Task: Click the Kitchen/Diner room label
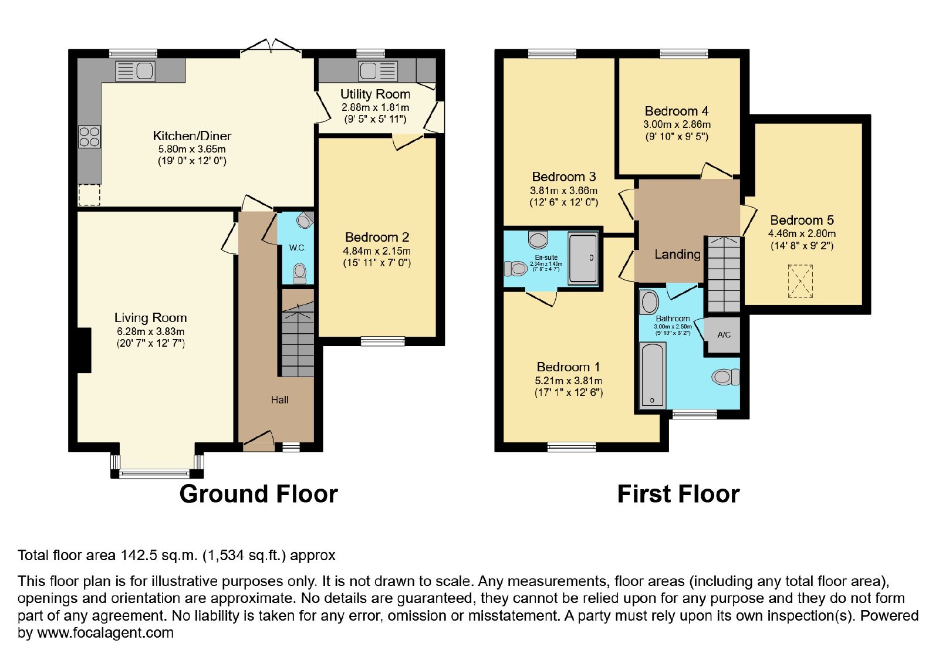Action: pyautogui.click(x=192, y=136)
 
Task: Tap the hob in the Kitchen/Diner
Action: pyautogui.click(x=89, y=137)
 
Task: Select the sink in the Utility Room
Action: pyautogui.click(x=378, y=71)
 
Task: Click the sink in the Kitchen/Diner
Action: pyautogui.click(x=136, y=71)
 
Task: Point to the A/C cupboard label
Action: pyautogui.click(x=724, y=335)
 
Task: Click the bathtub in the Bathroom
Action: pyautogui.click(x=652, y=375)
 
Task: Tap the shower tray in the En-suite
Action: pyautogui.click(x=583, y=259)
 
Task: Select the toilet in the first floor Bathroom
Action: pyautogui.click(x=725, y=377)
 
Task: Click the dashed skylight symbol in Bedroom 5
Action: pyautogui.click(x=800, y=281)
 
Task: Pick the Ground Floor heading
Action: pyautogui.click(x=259, y=494)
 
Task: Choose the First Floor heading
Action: pyautogui.click(x=678, y=494)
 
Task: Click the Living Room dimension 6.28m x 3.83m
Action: pyautogui.click(x=150, y=331)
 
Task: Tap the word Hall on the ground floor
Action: pyautogui.click(x=279, y=399)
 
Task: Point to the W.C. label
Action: pyautogui.click(x=297, y=248)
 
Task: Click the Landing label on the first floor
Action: pyautogui.click(x=677, y=255)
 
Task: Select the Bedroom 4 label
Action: pyautogui.click(x=677, y=111)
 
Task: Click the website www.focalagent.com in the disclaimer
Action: pyautogui.click(x=105, y=633)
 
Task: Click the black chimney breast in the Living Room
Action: pyautogui.click(x=85, y=350)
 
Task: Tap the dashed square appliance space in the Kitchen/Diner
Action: pyautogui.click(x=89, y=195)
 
